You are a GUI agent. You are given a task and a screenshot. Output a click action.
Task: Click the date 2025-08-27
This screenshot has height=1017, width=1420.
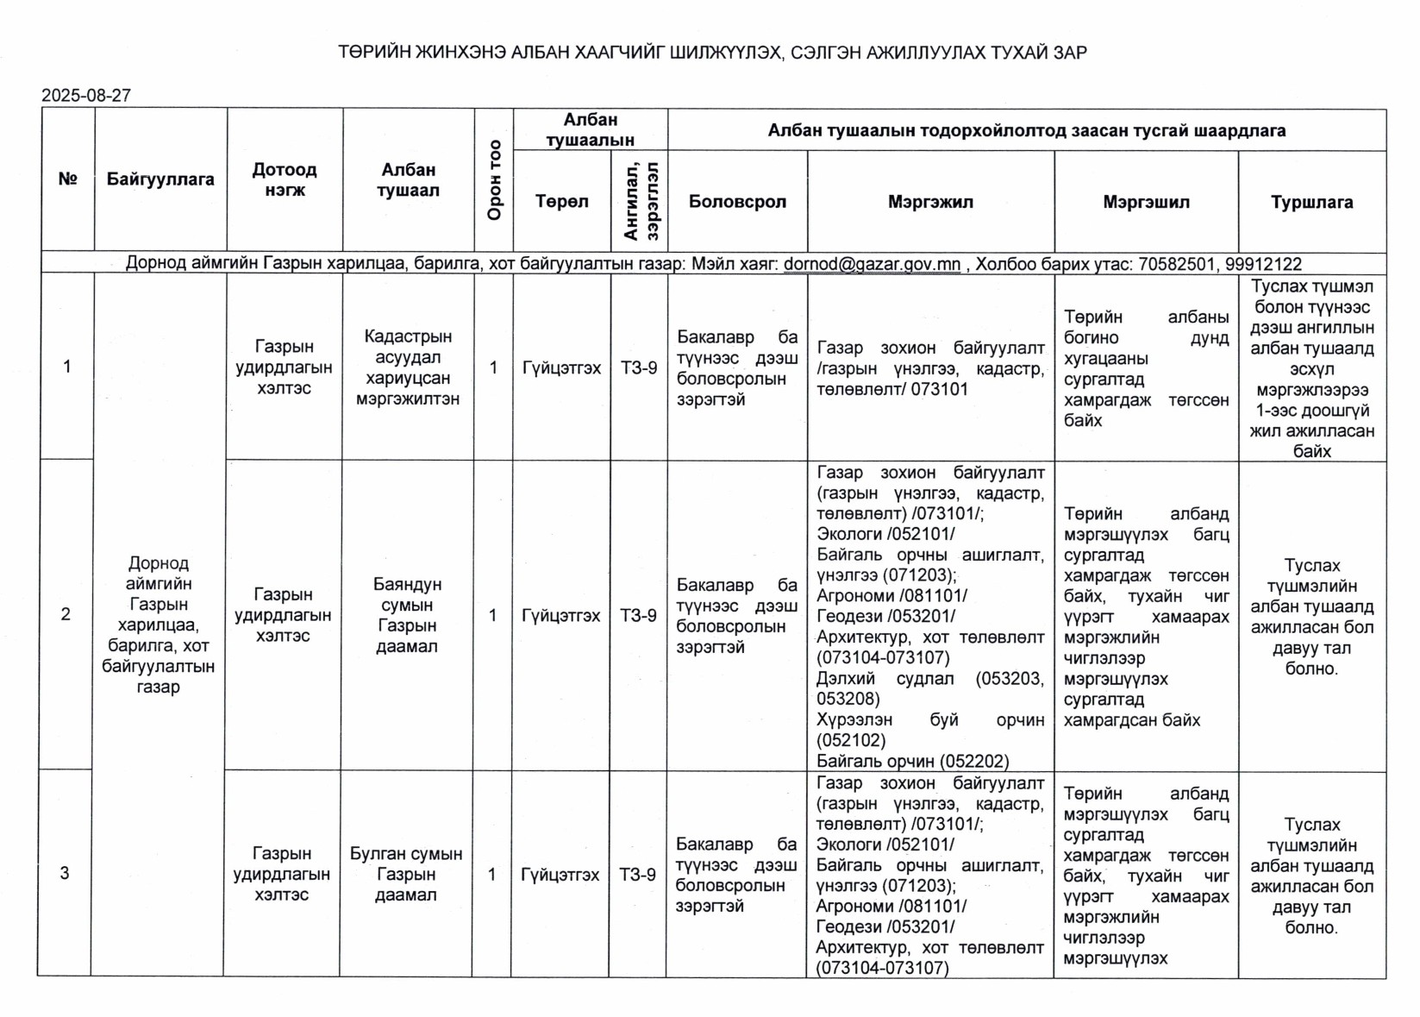click(x=86, y=96)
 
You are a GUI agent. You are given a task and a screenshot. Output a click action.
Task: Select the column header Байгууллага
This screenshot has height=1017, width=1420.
click(x=160, y=179)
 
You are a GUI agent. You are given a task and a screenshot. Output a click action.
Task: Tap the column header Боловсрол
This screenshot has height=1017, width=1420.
click(x=737, y=202)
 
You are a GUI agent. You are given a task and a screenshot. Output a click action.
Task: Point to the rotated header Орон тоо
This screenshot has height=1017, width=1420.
click(x=494, y=179)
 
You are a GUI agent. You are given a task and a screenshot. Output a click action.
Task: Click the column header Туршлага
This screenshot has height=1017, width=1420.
click(x=1311, y=203)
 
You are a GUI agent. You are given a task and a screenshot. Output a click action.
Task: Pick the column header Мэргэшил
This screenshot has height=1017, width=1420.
click(x=1146, y=203)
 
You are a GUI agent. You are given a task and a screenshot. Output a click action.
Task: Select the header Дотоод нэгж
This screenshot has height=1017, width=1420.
click(x=285, y=179)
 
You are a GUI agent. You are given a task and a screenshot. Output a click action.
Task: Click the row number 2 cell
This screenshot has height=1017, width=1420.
click(x=66, y=614)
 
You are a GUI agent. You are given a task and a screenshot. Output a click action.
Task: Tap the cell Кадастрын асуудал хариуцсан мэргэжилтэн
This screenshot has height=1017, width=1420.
click(x=408, y=367)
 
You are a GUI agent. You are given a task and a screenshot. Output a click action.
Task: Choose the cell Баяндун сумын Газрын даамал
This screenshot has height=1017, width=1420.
click(x=407, y=615)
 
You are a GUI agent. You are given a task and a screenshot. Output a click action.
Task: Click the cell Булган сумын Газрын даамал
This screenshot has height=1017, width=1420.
click(x=406, y=874)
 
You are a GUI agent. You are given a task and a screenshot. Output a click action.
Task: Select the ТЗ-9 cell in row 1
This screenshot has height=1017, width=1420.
click(x=639, y=368)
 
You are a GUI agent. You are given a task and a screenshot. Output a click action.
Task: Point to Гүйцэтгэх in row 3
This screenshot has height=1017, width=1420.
click(x=560, y=875)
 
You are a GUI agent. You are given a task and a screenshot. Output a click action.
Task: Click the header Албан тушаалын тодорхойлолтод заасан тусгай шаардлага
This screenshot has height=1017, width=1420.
click(x=1026, y=131)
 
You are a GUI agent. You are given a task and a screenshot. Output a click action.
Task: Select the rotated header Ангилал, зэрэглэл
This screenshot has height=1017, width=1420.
click(x=639, y=202)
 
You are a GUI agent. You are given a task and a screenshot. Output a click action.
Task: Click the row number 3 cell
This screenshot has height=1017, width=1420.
click(x=65, y=873)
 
